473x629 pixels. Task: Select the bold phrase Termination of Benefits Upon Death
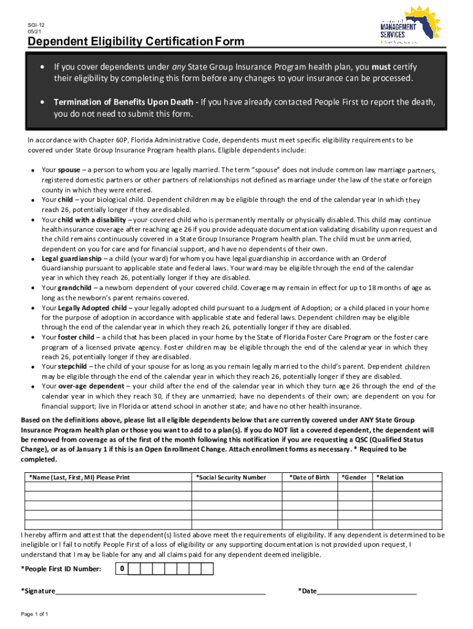coord(125,101)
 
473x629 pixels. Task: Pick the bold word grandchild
coord(74,287)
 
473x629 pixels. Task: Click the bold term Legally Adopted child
coord(93,308)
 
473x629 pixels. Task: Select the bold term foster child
coord(77,337)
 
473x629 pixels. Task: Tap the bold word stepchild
coord(72,367)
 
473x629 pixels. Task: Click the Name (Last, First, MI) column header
coord(80,477)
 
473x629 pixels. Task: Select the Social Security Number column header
coord(231,477)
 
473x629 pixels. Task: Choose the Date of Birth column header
coord(310,477)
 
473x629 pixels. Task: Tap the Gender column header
coord(354,477)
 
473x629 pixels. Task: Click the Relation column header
coord(390,477)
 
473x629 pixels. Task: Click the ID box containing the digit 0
coord(122,569)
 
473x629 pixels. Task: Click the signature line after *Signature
coord(160,592)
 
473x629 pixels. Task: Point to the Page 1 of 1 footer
coord(34,614)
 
